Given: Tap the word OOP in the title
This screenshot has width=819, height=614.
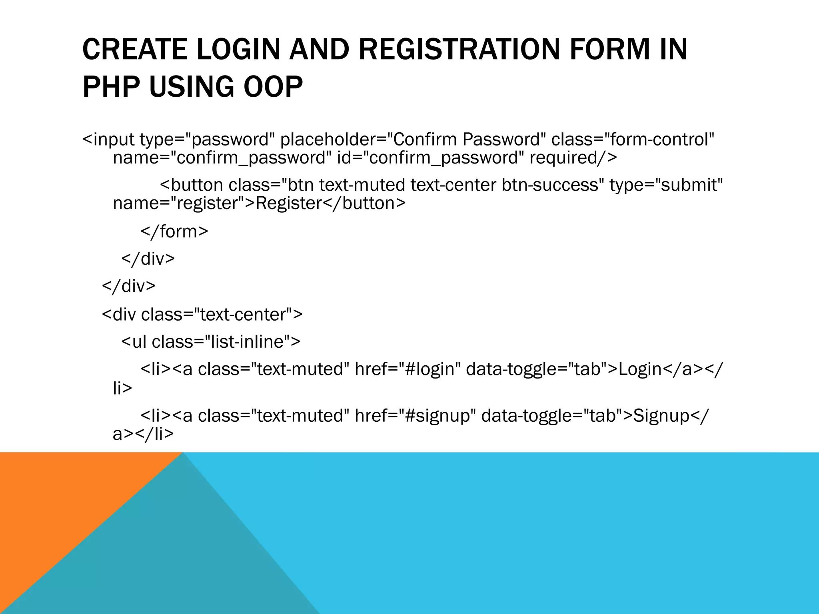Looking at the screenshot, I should (x=273, y=87).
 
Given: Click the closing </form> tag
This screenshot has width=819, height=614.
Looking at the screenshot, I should (x=174, y=232).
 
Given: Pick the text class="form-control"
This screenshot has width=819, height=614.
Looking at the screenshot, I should (x=633, y=140).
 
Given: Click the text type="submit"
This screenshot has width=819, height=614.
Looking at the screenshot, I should (x=666, y=185).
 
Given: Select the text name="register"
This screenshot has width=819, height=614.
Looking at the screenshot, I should (x=180, y=203).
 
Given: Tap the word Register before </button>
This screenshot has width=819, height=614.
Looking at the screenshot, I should (x=288, y=203).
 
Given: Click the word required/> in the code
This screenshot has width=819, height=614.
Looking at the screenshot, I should (x=573, y=158).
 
